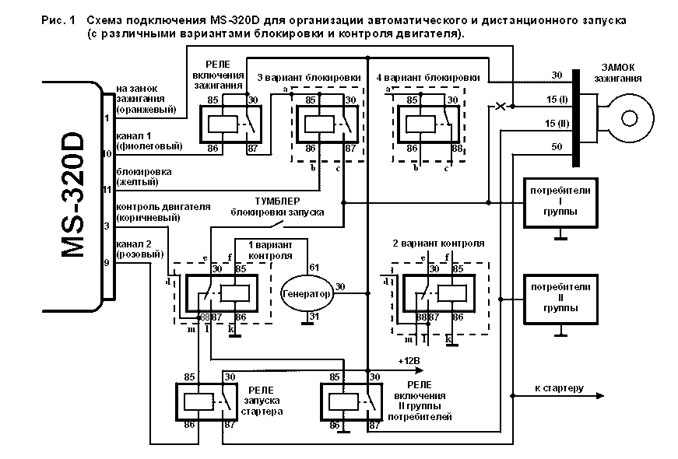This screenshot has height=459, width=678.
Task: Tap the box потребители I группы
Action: (x=560, y=201)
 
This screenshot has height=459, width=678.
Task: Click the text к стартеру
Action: (x=559, y=387)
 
